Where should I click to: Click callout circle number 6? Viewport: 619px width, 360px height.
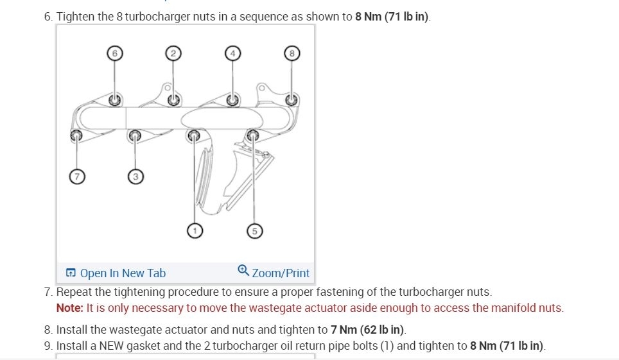[x=114, y=53]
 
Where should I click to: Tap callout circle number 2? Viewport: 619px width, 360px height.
[x=172, y=53]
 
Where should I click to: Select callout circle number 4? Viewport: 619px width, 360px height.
[x=232, y=53]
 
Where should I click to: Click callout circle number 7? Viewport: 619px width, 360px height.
[x=76, y=176]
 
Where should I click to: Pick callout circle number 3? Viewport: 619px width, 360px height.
[x=135, y=176]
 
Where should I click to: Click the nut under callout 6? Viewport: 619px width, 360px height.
[x=114, y=99]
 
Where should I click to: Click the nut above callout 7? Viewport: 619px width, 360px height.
[x=76, y=135]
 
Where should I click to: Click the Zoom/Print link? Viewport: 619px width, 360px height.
[x=281, y=273]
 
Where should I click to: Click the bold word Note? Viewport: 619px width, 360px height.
[x=69, y=308]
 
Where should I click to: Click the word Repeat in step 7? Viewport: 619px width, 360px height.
[x=74, y=293]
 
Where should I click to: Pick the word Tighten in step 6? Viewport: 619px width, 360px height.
[x=76, y=17]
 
